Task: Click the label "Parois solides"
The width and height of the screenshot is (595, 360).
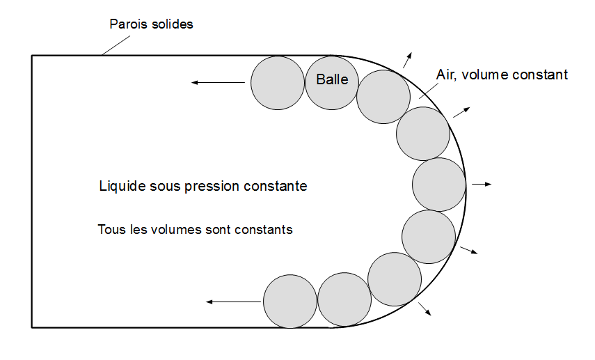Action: [151, 24]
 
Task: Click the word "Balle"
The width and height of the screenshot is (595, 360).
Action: [332, 80]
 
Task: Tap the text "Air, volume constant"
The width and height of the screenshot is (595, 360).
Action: [502, 75]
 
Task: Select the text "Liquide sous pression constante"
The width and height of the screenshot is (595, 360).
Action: [203, 187]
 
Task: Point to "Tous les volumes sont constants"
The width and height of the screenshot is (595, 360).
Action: [196, 229]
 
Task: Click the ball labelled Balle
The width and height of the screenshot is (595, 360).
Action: [332, 83]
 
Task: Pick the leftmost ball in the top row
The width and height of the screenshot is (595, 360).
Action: [278, 83]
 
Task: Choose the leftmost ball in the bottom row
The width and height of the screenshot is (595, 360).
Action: [290, 302]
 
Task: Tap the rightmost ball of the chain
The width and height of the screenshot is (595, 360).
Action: [438, 185]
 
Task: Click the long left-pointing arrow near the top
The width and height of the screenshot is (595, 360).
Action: [219, 83]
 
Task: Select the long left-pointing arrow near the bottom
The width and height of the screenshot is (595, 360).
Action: [232, 302]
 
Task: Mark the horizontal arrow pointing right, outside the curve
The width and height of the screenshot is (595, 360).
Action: [482, 185]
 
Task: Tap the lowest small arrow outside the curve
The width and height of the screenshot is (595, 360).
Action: [425, 308]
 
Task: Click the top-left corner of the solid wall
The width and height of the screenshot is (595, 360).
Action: [32, 56]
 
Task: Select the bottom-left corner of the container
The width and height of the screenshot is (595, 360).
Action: [32, 327]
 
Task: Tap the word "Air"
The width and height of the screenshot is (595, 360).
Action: [445, 75]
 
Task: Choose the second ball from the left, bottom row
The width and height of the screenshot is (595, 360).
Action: [344, 299]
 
